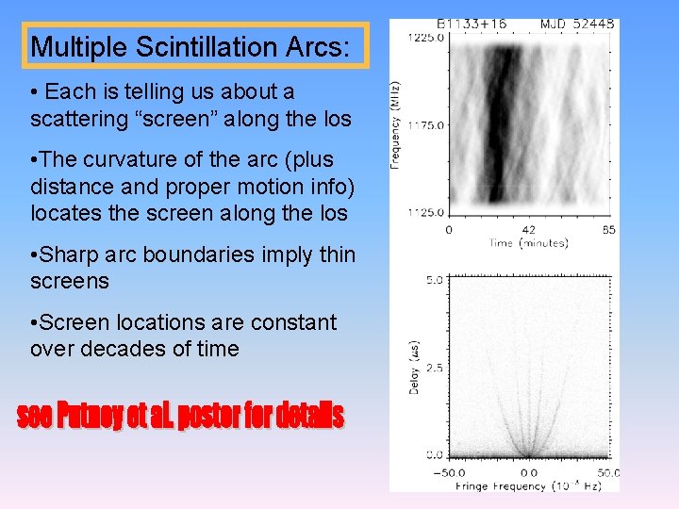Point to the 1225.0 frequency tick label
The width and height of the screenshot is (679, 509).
click(425, 38)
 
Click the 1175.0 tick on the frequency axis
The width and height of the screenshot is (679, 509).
click(425, 124)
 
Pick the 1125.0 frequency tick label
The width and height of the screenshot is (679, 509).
click(425, 212)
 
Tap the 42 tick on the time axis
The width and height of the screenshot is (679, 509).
click(528, 230)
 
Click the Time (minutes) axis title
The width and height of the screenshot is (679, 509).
click(528, 243)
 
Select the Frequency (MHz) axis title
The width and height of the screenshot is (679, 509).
click(397, 124)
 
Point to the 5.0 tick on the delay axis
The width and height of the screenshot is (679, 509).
click(434, 280)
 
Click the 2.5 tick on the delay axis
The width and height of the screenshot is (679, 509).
click(434, 367)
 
